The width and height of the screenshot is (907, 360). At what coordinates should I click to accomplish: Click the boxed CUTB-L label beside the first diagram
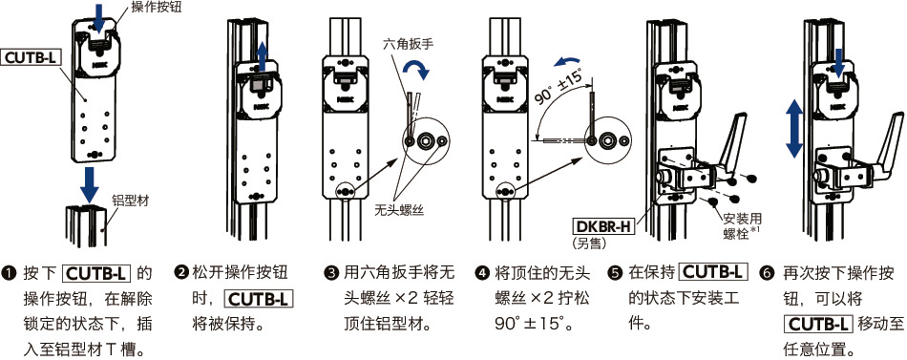[32, 57]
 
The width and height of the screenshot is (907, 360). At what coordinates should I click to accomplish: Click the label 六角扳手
[408, 44]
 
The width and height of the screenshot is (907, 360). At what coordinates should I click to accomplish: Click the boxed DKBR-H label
[602, 226]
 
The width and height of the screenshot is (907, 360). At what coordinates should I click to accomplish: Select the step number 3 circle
[331, 273]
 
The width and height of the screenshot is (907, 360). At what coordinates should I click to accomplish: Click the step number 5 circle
[615, 273]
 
